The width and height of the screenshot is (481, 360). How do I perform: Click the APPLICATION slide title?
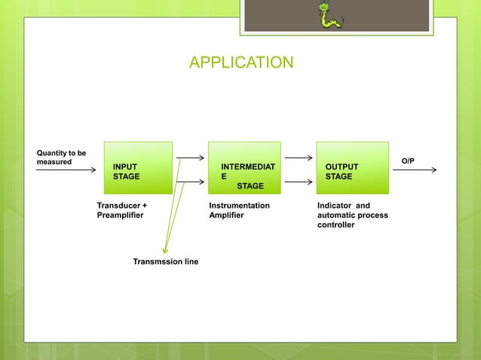pos(240,63)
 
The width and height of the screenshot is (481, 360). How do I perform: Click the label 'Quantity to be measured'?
pos(61,157)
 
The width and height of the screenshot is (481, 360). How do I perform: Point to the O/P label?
pos(408,161)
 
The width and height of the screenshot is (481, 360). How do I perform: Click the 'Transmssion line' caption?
pos(165,261)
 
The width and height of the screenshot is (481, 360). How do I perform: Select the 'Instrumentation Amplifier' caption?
pos(239,210)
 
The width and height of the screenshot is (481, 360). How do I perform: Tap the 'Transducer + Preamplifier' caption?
pos(122,210)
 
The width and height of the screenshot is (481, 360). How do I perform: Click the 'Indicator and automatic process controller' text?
pos(353,215)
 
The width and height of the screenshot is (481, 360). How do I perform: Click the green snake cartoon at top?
pos(329,16)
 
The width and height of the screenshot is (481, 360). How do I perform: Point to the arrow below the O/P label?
pos(414,170)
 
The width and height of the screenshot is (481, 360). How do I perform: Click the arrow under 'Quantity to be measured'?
pos(66,170)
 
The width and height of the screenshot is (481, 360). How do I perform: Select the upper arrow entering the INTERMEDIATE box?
pos(190,158)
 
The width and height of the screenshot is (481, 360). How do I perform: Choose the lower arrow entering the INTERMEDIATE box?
pos(190,182)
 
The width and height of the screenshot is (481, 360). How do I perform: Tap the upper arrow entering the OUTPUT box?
pos(299,158)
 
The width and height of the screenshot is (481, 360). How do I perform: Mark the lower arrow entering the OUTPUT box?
pos(299,182)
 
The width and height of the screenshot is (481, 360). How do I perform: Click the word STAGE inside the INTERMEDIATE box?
pos(250,185)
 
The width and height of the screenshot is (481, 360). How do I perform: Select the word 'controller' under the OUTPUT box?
pos(336,224)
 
